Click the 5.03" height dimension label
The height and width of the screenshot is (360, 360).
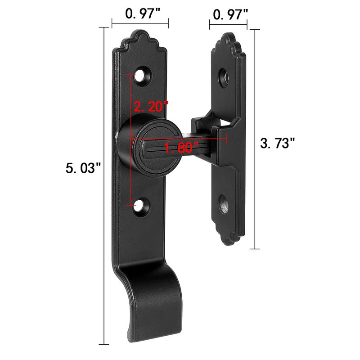click(x=83, y=168)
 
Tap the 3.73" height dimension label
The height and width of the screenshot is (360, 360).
click(x=277, y=143)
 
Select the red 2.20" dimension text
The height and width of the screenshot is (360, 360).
click(x=151, y=106)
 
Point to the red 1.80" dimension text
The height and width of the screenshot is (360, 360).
click(x=181, y=148)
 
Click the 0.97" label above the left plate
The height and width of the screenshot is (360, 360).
click(x=143, y=13)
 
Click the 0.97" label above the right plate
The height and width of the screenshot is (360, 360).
click(x=230, y=14)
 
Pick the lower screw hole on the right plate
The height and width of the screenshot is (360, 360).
click(x=223, y=204)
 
